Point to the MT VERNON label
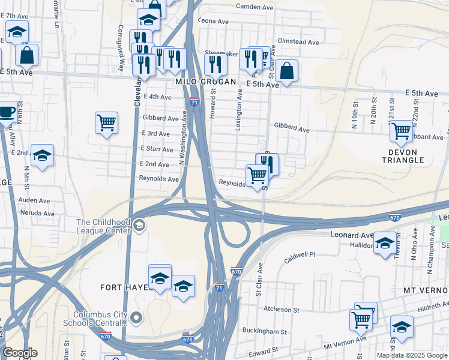(426, 290)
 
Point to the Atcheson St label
(281, 310)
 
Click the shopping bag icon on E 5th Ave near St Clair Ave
(288, 71)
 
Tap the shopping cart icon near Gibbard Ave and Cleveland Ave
(106, 122)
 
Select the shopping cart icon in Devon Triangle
(400, 130)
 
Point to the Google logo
(20, 353)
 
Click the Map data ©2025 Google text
(412, 355)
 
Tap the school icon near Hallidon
(385, 243)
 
